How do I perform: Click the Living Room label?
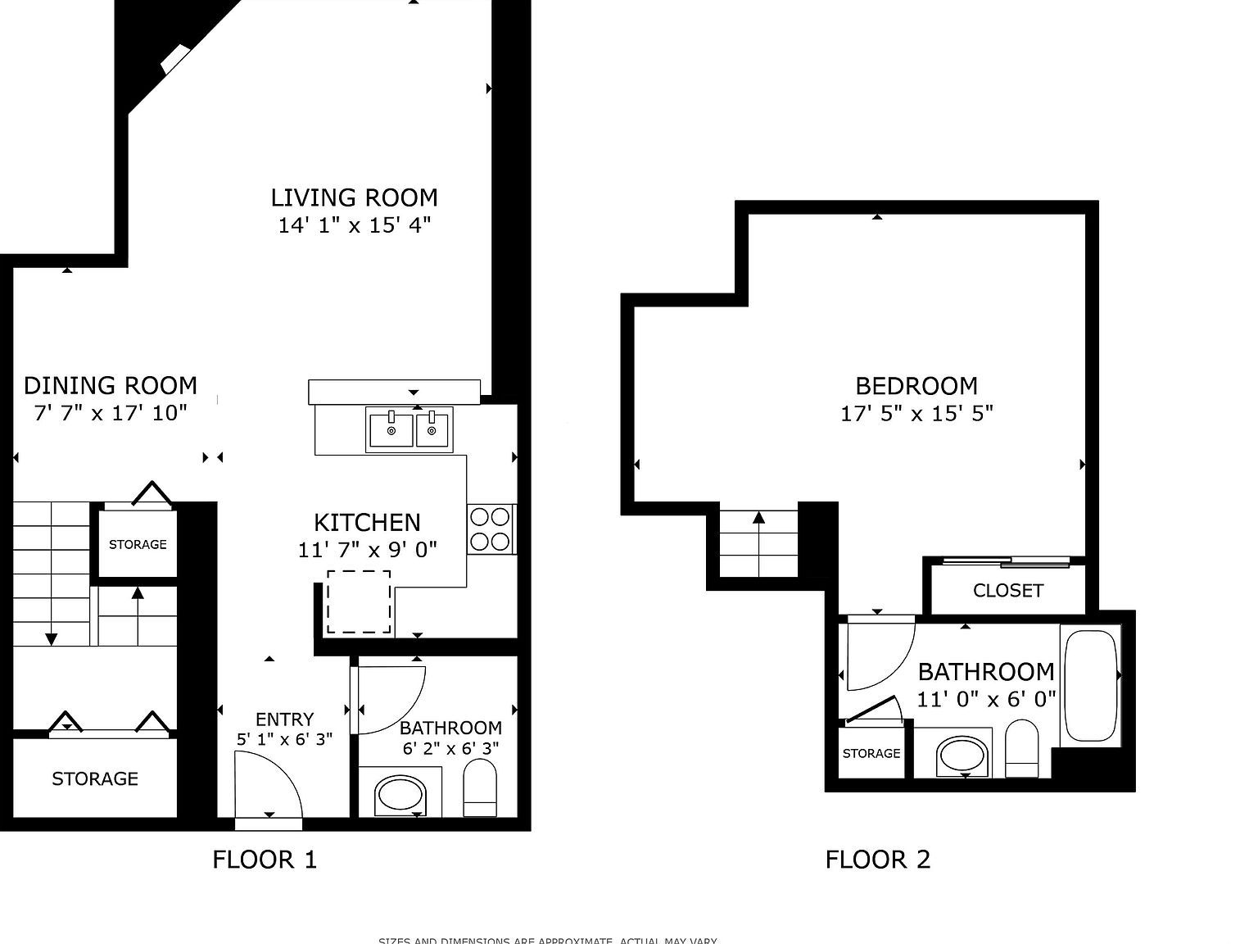[354, 197]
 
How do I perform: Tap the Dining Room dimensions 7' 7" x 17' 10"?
[111, 413]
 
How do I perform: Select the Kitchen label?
[367, 522]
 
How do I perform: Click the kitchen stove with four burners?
[491, 529]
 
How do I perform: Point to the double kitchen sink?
[410, 429]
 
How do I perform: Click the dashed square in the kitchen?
[359, 602]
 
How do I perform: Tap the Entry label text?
[284, 719]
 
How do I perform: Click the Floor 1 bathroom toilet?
[480, 787]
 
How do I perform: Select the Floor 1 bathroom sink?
[400, 795]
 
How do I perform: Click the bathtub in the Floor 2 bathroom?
[1090, 685]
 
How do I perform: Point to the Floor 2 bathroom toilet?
[1021, 747]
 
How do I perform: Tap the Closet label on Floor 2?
[1007, 591]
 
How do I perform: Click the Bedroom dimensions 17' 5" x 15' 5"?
[916, 414]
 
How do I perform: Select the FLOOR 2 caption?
[877, 860]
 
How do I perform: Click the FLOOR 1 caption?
[264, 860]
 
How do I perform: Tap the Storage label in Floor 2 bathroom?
[871, 753]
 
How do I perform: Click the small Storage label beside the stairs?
[138, 544]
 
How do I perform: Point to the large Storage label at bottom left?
[95, 778]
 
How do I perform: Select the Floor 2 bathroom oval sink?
[963, 756]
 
